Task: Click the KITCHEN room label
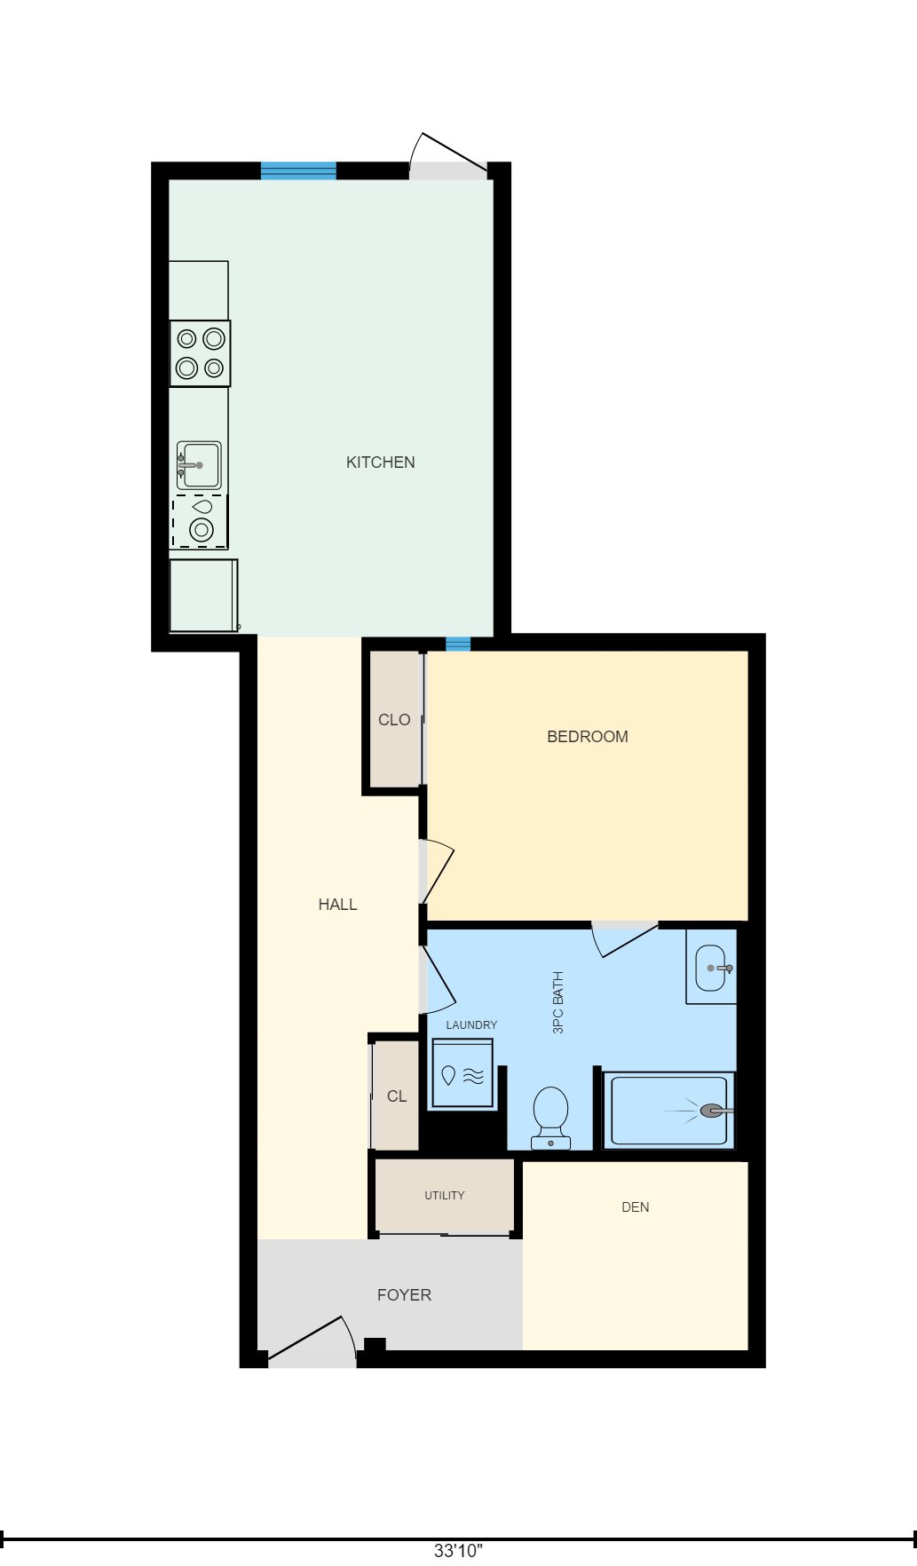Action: (380, 463)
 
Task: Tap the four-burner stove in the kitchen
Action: (200, 353)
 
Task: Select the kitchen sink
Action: (199, 465)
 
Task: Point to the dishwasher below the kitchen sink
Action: (200, 522)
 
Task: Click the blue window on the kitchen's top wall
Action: (298, 170)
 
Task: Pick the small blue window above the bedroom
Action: (458, 644)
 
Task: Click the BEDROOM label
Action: (588, 737)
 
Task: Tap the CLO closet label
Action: (394, 720)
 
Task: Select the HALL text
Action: (337, 905)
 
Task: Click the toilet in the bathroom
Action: (550, 1117)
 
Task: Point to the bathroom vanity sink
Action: (712, 968)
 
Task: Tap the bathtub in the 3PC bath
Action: (668, 1111)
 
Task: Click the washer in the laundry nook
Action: (462, 1075)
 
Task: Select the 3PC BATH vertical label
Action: (558, 1002)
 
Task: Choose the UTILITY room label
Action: (444, 1196)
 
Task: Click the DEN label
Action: (636, 1207)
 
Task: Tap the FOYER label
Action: (404, 1295)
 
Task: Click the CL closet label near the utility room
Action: (397, 1096)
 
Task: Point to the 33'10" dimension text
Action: (458, 1551)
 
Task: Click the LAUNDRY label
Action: (471, 1025)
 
